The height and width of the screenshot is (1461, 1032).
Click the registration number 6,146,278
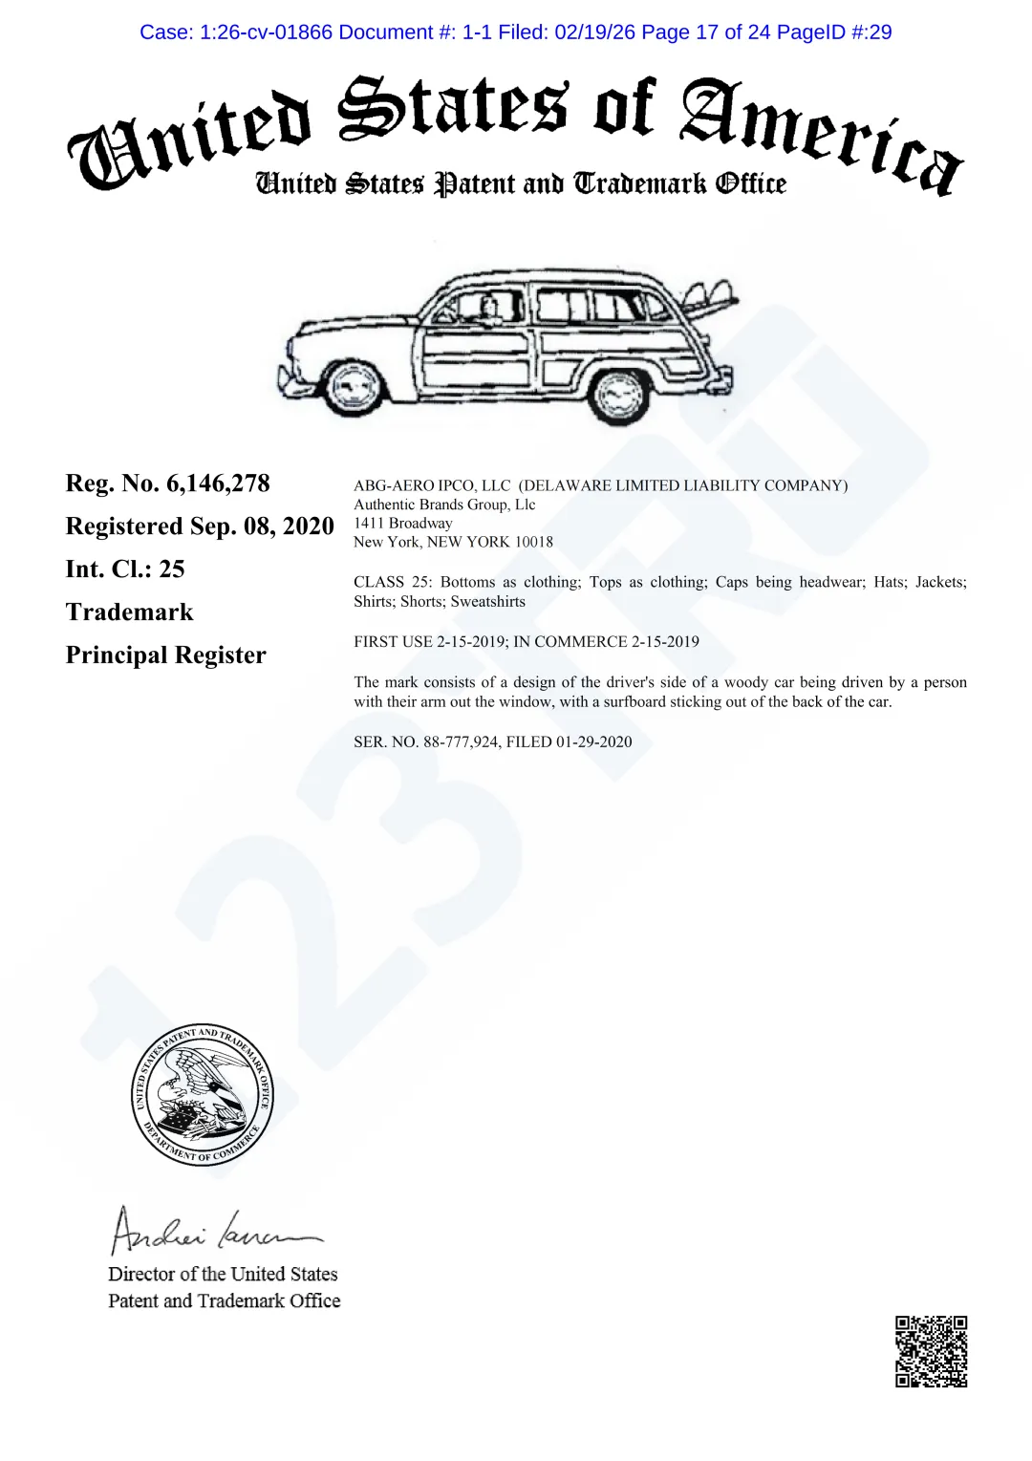click(x=218, y=483)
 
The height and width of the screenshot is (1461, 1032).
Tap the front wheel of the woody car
click(x=355, y=388)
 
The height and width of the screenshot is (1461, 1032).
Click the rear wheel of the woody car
click(x=618, y=394)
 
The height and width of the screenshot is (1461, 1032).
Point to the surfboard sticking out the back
click(x=712, y=295)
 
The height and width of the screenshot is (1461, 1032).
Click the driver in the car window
click(x=489, y=308)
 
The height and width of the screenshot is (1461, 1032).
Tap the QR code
click(x=931, y=1351)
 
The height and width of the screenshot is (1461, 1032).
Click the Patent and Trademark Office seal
click(x=203, y=1094)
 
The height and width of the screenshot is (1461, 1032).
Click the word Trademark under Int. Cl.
click(x=129, y=612)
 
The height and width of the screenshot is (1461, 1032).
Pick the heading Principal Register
click(x=165, y=655)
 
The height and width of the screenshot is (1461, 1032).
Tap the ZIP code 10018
click(x=534, y=542)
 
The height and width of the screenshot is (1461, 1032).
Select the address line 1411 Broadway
click(x=402, y=524)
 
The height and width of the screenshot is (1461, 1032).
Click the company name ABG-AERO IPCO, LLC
click(x=432, y=485)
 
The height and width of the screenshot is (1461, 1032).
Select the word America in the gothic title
click(x=822, y=134)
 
